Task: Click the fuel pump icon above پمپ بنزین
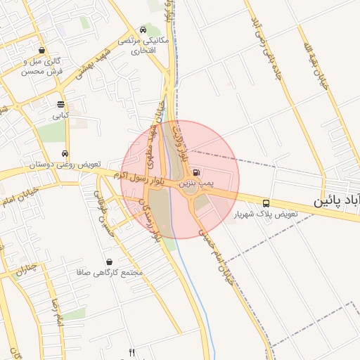(x=195, y=172)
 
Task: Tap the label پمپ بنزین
(x=195, y=183)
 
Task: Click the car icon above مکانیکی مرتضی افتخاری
(x=143, y=30)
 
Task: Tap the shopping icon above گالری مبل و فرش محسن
(x=43, y=51)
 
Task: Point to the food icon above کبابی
(x=60, y=103)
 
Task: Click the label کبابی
(x=60, y=114)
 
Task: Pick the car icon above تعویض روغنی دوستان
(x=65, y=153)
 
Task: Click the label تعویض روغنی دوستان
(x=65, y=164)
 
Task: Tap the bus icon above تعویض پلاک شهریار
(x=266, y=202)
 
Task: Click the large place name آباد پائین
(x=337, y=200)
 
